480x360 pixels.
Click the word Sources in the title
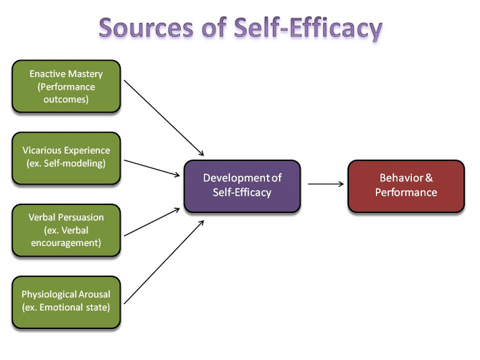[146, 28]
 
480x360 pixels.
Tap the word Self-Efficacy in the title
[308, 29]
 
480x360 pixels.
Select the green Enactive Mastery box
[66, 86]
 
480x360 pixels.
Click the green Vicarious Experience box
[66, 158]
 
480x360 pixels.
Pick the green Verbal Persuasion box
[66, 230]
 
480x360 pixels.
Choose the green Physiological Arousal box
[66, 302]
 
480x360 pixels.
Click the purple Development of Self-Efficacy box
[242, 186]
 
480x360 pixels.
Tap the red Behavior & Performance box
[406, 186]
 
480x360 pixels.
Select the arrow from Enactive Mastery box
[164, 118]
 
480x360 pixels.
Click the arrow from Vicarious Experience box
[152, 167]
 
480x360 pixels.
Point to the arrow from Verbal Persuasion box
[152, 222]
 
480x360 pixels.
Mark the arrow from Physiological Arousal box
[164, 262]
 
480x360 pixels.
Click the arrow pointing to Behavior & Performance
[326, 184]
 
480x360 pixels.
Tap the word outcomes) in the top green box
[66, 100]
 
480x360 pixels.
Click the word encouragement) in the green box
[66, 243]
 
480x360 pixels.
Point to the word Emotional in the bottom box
[61, 307]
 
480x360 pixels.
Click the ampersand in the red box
[429, 178]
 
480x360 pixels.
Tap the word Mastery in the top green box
[86, 74]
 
